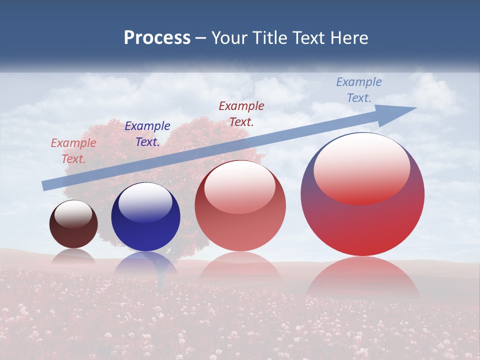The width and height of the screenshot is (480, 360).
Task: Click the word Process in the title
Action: (x=157, y=38)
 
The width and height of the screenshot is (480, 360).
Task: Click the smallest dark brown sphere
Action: (x=73, y=224)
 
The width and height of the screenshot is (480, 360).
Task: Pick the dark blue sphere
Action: (x=145, y=217)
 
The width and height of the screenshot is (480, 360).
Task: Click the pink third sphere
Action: (x=240, y=206)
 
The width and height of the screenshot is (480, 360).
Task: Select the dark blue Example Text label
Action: (x=147, y=134)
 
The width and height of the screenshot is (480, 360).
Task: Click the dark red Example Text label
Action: (x=241, y=113)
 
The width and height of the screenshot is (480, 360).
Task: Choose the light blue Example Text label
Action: (x=359, y=90)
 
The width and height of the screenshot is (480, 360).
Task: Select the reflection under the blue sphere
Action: (x=145, y=263)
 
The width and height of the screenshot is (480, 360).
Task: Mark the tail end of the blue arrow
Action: (x=45, y=185)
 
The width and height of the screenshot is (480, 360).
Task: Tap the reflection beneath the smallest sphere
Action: (x=73, y=255)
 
